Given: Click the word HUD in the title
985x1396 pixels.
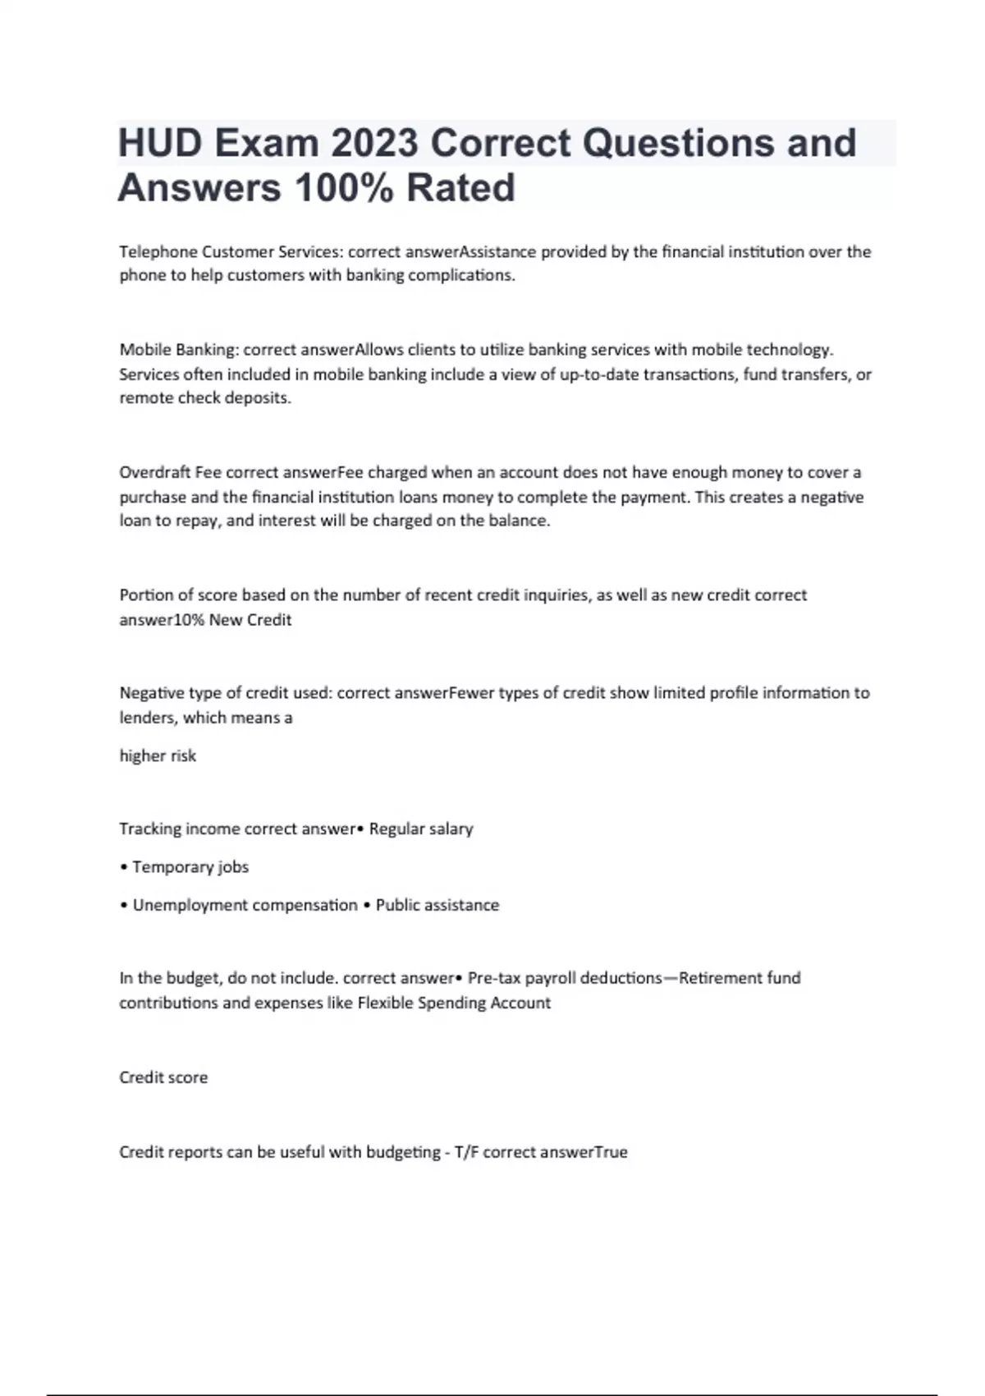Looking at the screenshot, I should coord(160,143).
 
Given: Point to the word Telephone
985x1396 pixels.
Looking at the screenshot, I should coord(158,252).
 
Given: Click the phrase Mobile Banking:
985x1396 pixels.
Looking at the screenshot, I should coord(179,350).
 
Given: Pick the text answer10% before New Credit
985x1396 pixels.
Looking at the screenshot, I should coord(162,620).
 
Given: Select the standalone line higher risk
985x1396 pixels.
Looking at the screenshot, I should coord(158,755).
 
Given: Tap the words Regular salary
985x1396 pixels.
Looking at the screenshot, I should coord(421,829).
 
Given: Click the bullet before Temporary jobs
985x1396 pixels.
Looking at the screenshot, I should coord(123,867).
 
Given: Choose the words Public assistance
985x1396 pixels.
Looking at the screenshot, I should coord(438,905).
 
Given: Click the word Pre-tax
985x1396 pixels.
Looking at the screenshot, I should coord(493,978).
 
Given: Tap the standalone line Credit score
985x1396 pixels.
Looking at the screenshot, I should coord(163,1077).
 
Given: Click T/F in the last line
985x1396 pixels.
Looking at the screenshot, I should coord(466,1152).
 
